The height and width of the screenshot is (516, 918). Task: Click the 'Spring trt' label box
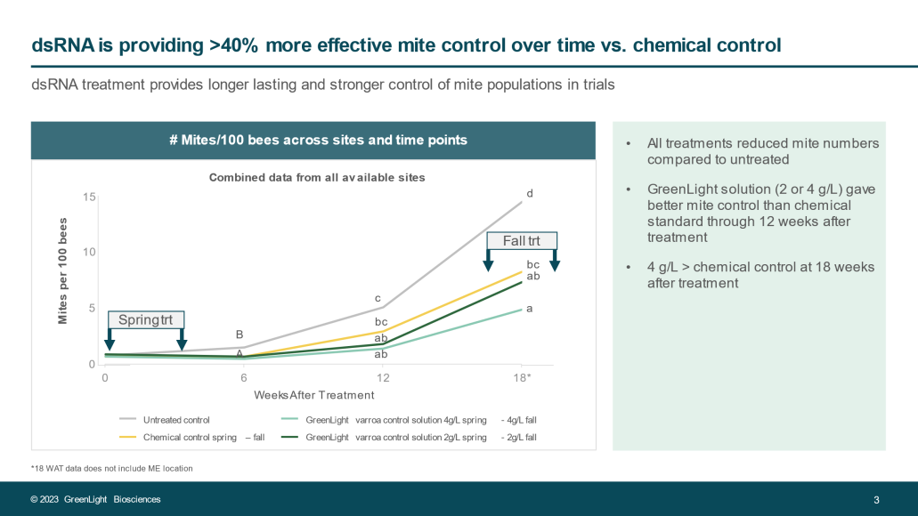pyautogui.click(x=145, y=319)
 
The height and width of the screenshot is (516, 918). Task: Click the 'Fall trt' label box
pyautogui.click(x=521, y=240)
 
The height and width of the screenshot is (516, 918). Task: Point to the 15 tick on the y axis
pyautogui.click(x=90, y=196)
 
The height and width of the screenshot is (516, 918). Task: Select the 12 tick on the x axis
pyautogui.click(x=382, y=377)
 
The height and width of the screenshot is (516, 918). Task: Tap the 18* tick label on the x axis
pyautogui.click(x=524, y=377)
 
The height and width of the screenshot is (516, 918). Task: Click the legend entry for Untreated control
pyautogui.click(x=176, y=419)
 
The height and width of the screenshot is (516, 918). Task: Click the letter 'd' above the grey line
pyautogui.click(x=530, y=193)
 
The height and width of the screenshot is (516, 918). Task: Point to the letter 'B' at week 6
pyautogui.click(x=240, y=335)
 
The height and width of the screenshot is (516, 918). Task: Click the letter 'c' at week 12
pyautogui.click(x=378, y=298)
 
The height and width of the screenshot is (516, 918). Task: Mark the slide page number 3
pyautogui.click(x=876, y=499)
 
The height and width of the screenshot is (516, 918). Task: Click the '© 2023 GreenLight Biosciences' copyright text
pyautogui.click(x=95, y=499)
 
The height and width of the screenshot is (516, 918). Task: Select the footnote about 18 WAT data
pyautogui.click(x=111, y=468)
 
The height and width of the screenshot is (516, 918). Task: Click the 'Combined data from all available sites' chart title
pyautogui.click(x=317, y=177)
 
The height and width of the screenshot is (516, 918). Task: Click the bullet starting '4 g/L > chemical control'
pyautogui.click(x=760, y=275)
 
